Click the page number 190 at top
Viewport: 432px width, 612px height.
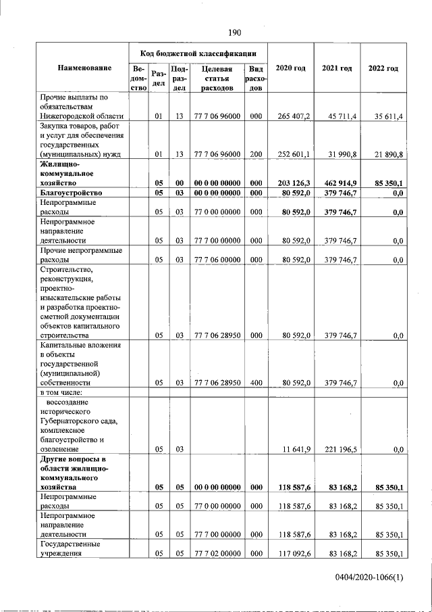pos(234,32)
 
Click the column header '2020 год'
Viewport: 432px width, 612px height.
pos(291,68)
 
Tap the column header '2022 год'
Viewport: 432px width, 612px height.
pos(383,68)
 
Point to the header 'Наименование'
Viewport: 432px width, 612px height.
pos(84,68)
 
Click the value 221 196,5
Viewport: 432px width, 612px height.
pos(340,448)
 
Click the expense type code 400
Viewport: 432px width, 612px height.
pos(255,383)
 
